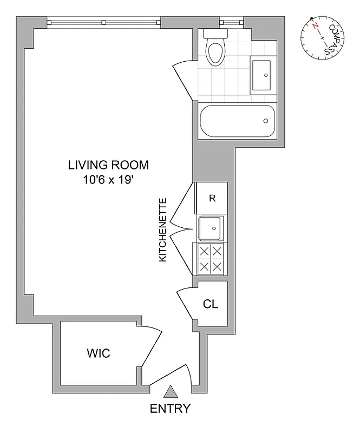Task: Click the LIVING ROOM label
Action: [x=108, y=165]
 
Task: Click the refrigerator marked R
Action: [x=212, y=198]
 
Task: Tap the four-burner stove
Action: [x=210, y=259]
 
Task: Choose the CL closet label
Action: [x=210, y=304]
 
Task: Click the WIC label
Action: [x=99, y=353]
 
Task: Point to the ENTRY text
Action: [x=171, y=409]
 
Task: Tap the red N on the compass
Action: [x=315, y=25]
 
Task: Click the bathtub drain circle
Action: [x=266, y=121]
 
